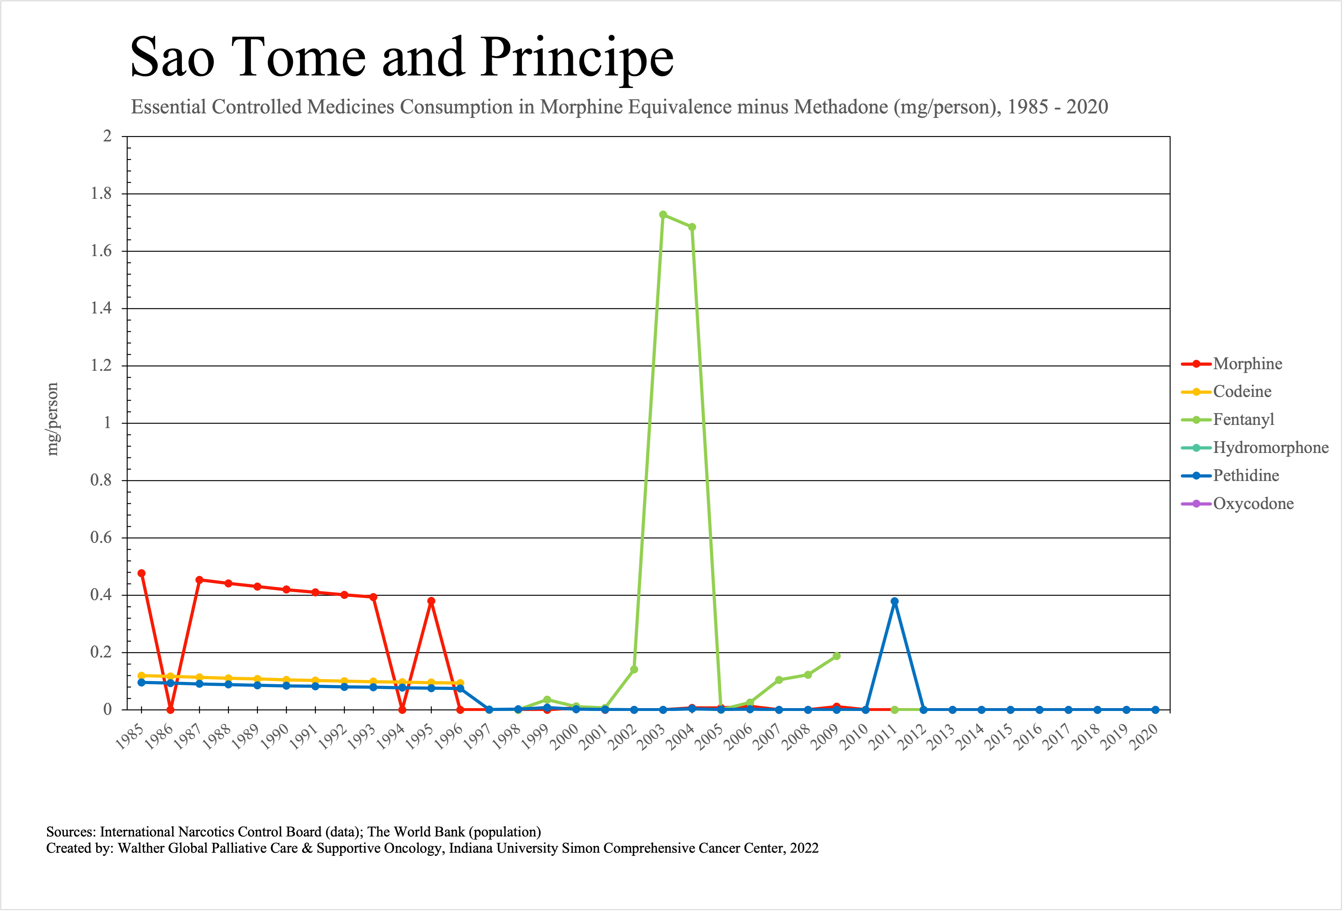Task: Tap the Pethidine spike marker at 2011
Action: [895, 602]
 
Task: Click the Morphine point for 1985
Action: [142, 573]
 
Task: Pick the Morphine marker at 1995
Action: [431, 601]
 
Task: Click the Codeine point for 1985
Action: [142, 676]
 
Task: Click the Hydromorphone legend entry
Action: [1270, 448]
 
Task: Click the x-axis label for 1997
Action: [478, 737]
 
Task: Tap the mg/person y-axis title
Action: [53, 420]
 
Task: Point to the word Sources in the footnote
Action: [71, 832]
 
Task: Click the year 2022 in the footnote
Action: [804, 848]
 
